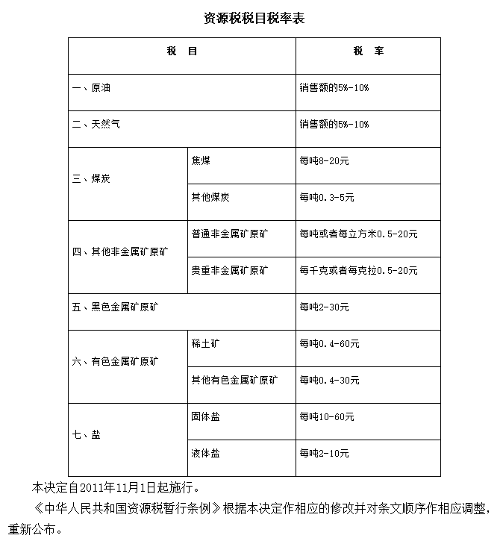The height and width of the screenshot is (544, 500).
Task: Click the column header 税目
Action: [182, 52]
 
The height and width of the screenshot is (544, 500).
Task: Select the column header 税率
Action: [369, 52]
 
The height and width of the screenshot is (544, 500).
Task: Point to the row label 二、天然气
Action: [96, 124]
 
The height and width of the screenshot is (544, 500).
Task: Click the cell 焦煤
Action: [201, 160]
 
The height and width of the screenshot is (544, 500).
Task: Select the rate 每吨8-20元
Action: [325, 160]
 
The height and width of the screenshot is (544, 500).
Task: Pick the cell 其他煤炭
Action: [210, 197]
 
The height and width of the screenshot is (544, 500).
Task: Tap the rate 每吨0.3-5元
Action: [327, 197]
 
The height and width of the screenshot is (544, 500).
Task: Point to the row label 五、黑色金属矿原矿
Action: [116, 307]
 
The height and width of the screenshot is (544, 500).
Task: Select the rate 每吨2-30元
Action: [325, 307]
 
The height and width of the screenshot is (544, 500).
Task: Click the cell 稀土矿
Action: [205, 343]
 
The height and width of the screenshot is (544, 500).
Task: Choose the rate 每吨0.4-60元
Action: [329, 343]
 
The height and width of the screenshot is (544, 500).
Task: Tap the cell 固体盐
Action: [205, 416]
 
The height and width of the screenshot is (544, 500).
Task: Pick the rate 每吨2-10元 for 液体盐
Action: [325, 453]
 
